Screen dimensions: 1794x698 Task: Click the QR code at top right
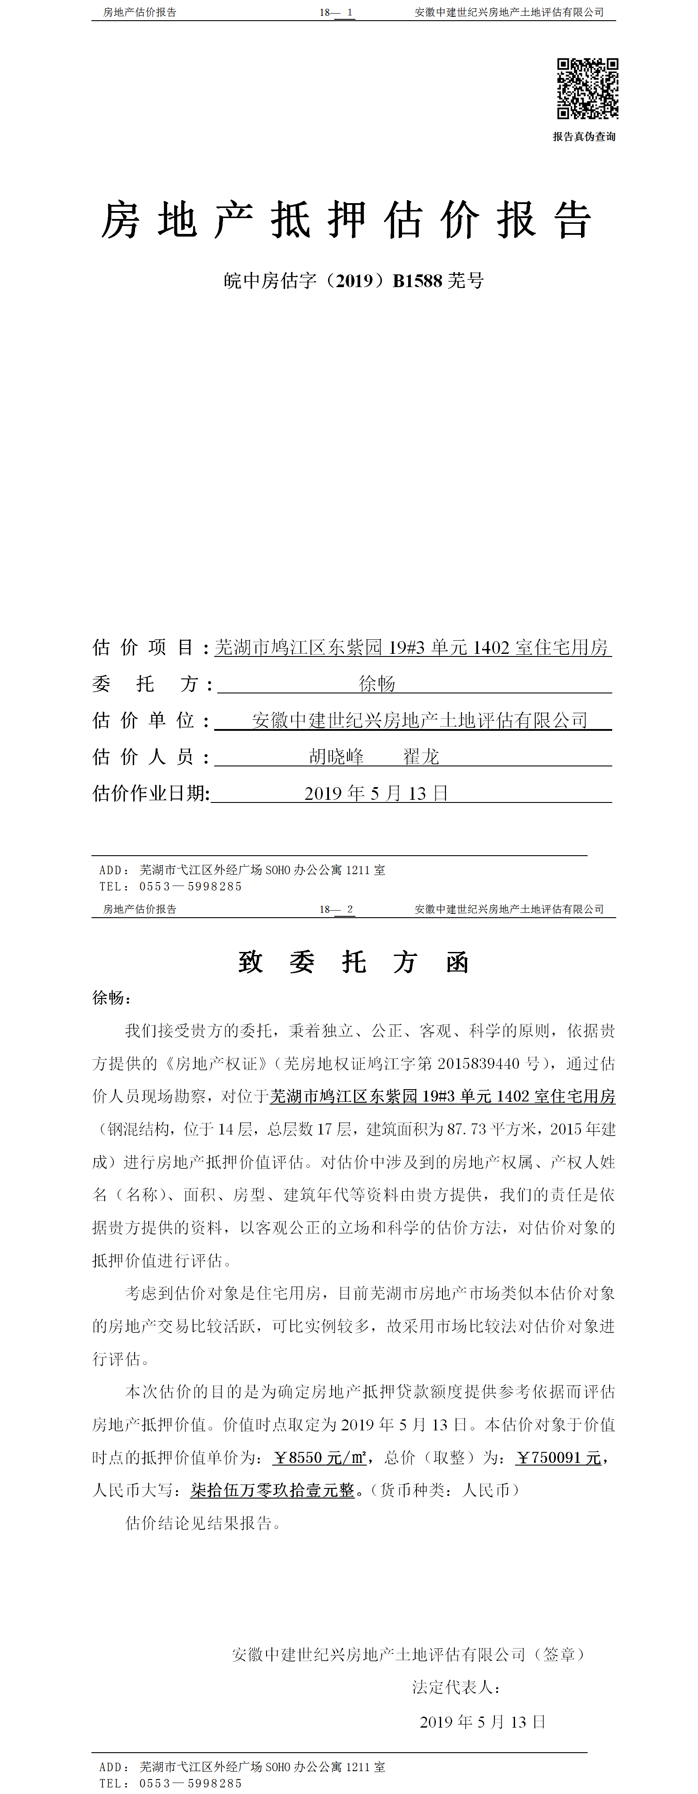[x=587, y=88]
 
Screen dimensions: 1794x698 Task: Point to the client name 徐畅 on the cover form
[x=377, y=684]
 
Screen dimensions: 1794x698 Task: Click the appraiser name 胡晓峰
[x=336, y=757]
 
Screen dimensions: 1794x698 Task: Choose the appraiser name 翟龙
[x=421, y=757]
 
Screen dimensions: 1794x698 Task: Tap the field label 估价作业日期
[x=150, y=793]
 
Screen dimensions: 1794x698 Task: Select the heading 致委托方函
[x=353, y=963]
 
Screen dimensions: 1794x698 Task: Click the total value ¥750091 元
[x=558, y=1458]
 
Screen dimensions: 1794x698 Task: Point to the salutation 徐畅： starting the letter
[x=111, y=998]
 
